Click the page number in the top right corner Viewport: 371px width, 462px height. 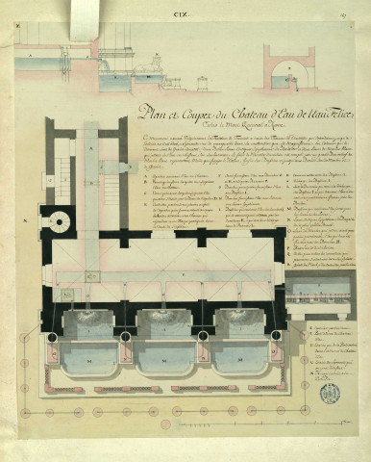click(357, 9)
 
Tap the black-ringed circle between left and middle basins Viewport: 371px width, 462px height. click(126, 337)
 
